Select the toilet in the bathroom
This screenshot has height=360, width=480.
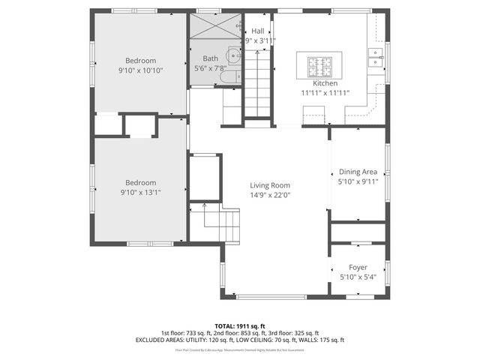232,74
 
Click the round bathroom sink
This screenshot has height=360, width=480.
234,55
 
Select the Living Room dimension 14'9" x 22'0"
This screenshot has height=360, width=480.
270,195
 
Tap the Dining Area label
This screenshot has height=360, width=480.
358,172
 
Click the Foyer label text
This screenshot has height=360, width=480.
358,268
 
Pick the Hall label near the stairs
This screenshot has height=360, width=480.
257,31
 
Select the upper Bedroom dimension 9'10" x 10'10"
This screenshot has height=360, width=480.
140,70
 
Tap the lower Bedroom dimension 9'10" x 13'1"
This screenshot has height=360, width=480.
140,192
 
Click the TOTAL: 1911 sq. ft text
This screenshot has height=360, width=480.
239,325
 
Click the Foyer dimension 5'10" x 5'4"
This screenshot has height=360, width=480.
358,277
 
